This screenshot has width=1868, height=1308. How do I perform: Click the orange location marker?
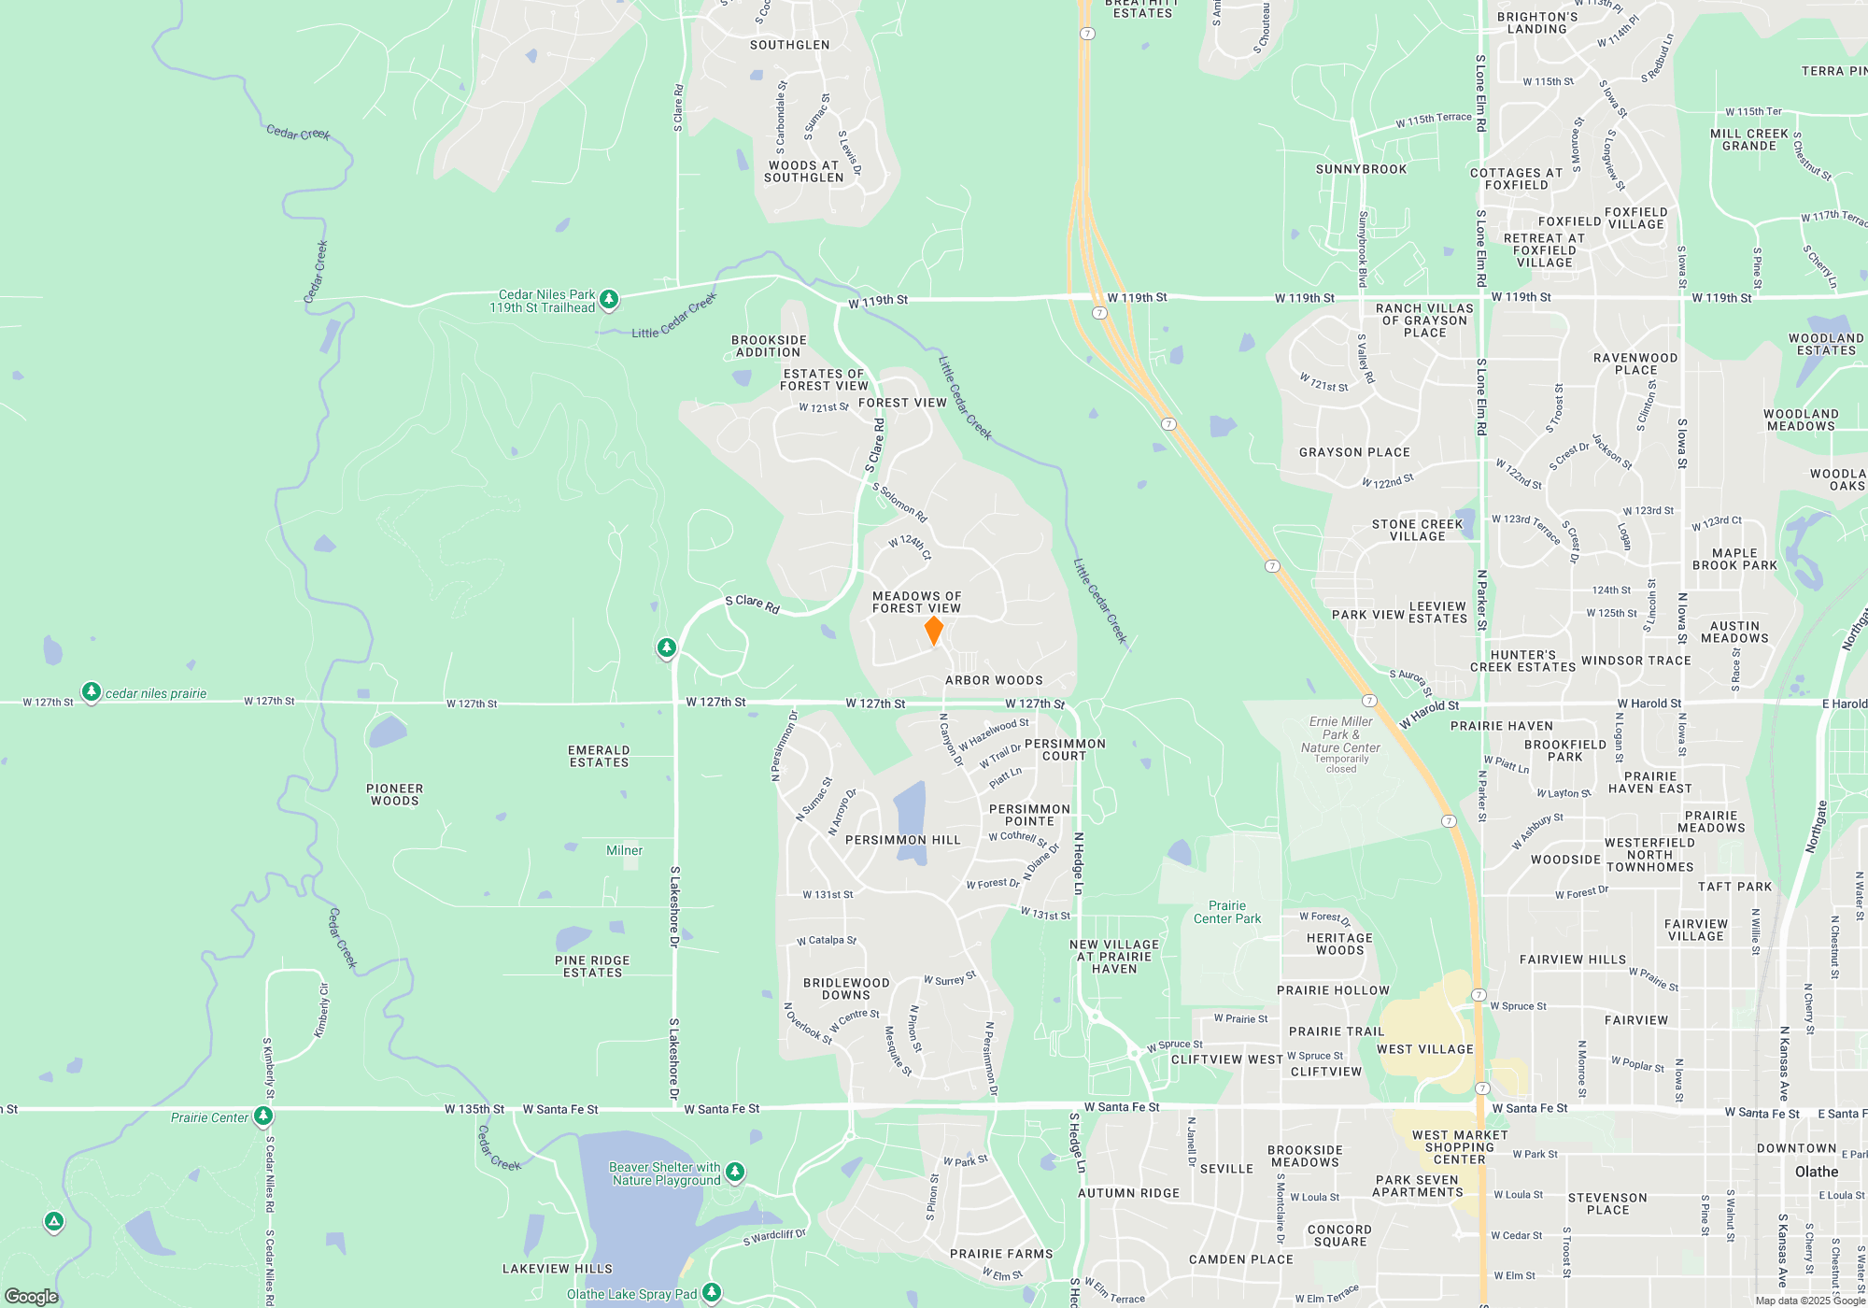933,630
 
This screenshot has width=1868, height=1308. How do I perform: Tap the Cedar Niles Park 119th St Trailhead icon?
609,299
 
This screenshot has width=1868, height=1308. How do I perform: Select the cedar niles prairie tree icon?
91,691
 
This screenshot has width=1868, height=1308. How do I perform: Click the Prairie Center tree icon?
263,1116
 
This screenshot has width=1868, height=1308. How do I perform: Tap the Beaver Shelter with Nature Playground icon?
735,1172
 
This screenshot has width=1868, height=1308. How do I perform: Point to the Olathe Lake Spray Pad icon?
712,1292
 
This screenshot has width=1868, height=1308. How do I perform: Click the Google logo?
32,1296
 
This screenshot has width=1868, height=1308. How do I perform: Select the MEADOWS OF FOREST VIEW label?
916,603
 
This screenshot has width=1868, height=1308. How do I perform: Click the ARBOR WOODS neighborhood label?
994,681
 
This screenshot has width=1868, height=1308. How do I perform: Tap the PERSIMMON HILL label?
902,840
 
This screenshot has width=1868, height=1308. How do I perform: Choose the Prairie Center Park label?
1227,912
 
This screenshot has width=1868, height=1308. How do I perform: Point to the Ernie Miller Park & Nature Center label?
1340,734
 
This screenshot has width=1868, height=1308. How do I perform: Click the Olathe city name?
1816,1172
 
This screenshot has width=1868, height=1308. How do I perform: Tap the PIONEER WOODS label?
394,794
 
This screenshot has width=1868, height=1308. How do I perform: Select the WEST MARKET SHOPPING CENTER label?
1459,1147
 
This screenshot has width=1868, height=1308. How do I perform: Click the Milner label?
624,850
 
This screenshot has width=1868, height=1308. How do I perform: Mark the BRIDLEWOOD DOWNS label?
846,988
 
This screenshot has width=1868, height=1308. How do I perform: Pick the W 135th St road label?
474,1109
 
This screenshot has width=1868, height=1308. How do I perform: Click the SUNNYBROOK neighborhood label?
1361,169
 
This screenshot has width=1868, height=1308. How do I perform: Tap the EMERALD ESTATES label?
599,756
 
